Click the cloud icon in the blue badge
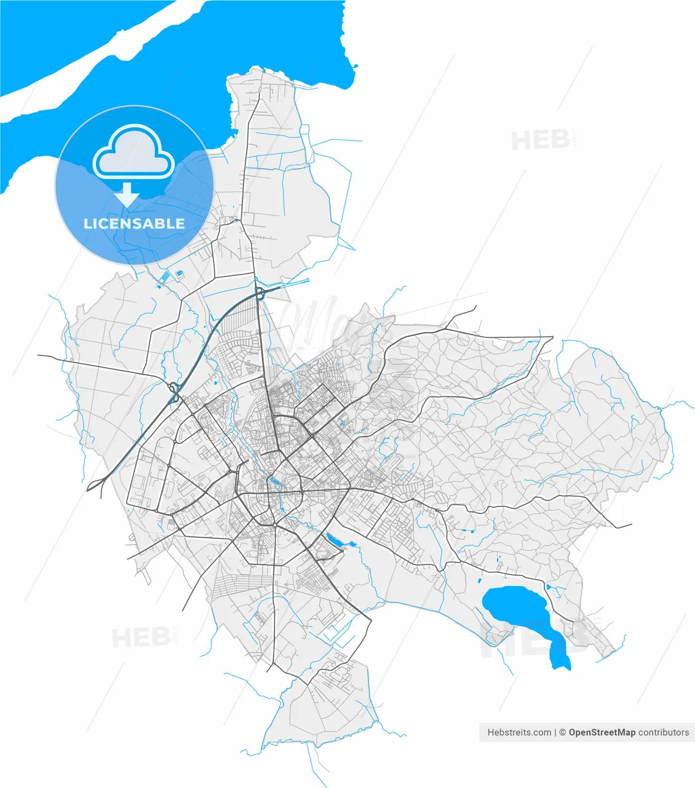[x=133, y=152]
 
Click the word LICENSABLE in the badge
[x=134, y=223]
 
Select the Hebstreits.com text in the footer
[x=519, y=733]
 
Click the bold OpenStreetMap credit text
[x=602, y=733]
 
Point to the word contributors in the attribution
[x=664, y=733]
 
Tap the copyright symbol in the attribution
[x=562, y=733]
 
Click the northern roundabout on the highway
[x=258, y=293]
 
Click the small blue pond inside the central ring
[x=272, y=481]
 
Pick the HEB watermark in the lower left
[x=141, y=638]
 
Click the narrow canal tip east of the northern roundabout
[x=306, y=281]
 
